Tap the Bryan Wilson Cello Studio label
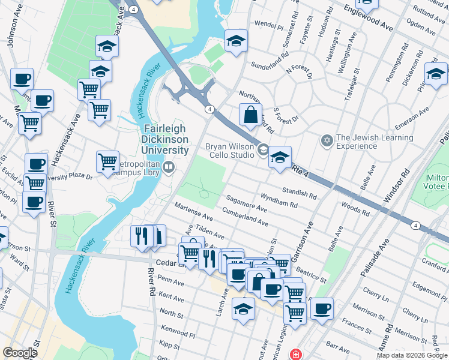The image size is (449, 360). [231, 151]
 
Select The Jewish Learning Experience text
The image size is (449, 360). [375, 142]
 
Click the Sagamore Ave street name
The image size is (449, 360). [247, 202]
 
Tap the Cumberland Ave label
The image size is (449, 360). [245, 217]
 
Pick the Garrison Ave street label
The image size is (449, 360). [303, 242]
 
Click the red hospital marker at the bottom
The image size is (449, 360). [295, 355]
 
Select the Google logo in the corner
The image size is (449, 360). [20, 353]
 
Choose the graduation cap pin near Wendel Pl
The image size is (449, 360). [236, 41]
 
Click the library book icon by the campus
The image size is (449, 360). [170, 167]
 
